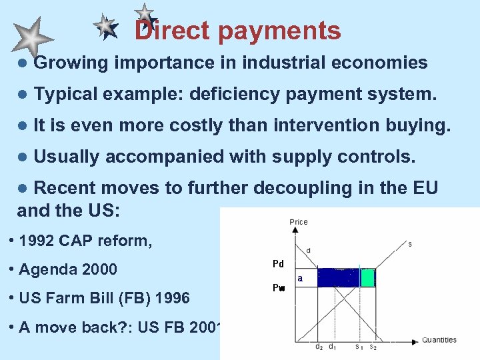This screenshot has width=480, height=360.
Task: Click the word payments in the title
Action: pyautogui.click(x=278, y=31)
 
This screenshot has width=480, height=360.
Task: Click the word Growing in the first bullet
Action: pyautogui.click(x=71, y=63)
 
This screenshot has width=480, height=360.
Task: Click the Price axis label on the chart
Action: pyautogui.click(x=299, y=222)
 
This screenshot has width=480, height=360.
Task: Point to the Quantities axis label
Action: pyautogui.click(x=439, y=340)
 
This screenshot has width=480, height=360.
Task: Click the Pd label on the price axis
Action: pyautogui.click(x=279, y=264)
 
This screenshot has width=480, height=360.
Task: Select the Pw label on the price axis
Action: pyautogui.click(x=279, y=288)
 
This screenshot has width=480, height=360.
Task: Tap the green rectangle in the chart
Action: pyautogui.click(x=367, y=277)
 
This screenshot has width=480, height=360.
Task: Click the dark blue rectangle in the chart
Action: pyautogui.click(x=338, y=277)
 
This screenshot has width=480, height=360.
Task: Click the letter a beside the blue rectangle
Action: pyautogui.click(x=300, y=277)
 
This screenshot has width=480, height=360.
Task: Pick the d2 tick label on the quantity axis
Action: pyautogui.click(x=319, y=347)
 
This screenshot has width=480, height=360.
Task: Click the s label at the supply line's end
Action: pyautogui.click(x=410, y=245)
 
